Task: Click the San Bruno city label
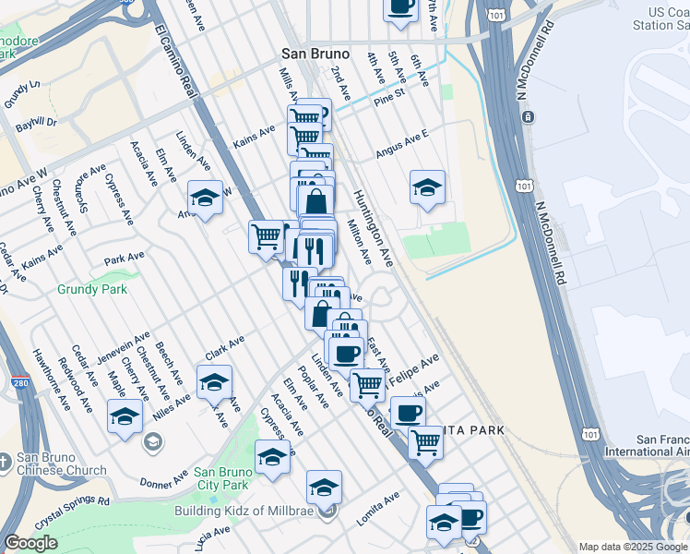(x=315, y=54)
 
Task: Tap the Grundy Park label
(x=84, y=288)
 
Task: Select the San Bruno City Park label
(x=221, y=476)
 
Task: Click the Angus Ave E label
(x=401, y=144)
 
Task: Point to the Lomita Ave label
(x=378, y=508)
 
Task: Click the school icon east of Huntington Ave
(x=427, y=187)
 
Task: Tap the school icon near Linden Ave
(x=205, y=197)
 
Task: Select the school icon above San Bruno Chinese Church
(x=125, y=416)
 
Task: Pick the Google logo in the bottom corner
(x=30, y=543)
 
